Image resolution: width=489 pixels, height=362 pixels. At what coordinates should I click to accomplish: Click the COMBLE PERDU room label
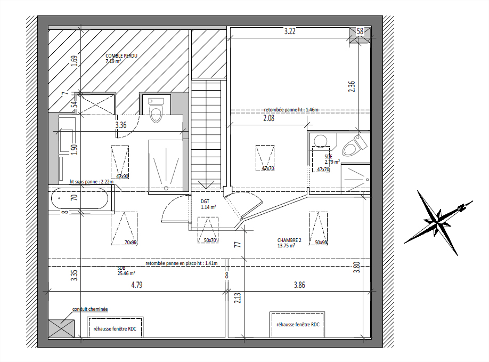(121, 58)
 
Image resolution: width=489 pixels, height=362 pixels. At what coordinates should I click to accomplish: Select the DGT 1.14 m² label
(208, 204)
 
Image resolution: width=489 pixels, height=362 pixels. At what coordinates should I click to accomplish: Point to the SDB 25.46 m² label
(126, 271)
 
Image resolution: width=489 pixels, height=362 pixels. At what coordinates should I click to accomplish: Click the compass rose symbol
(439, 222)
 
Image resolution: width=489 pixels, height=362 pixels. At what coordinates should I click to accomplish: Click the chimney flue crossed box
(61, 328)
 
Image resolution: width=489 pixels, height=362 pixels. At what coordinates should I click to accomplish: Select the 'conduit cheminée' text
(90, 309)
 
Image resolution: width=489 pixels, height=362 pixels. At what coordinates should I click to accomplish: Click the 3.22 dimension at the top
(290, 31)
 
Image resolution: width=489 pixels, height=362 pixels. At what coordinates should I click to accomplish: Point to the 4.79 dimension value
(137, 285)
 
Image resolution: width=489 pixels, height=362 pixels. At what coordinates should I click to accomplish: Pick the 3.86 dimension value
(299, 285)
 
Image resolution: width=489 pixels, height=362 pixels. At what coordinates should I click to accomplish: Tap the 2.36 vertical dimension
(352, 86)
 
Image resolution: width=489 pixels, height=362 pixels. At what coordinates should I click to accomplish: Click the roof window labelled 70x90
(124, 228)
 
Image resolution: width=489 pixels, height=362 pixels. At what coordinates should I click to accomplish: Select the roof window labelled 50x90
(319, 228)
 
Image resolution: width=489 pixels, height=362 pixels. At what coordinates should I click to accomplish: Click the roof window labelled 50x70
(208, 230)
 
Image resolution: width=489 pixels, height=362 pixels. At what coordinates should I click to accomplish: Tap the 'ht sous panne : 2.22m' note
(92, 182)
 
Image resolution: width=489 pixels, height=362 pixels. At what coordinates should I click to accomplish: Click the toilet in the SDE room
(355, 145)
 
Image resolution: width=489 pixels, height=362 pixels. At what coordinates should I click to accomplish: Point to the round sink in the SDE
(321, 141)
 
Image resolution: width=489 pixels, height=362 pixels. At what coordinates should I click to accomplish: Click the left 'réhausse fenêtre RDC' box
(115, 327)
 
